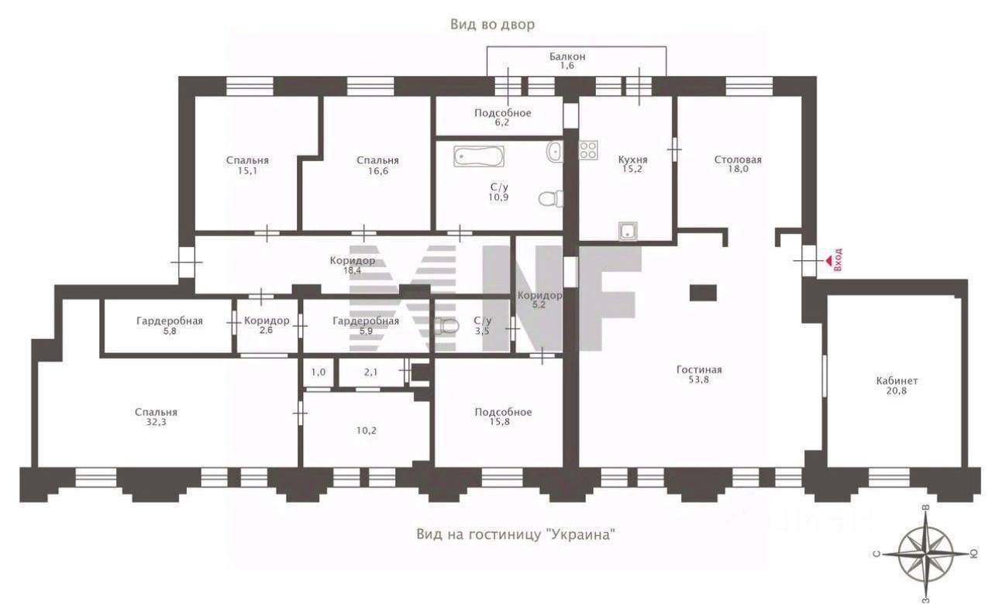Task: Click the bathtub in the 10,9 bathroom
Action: click(x=479, y=156)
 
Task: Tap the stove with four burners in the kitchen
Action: click(x=588, y=150)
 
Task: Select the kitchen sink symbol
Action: click(x=628, y=231)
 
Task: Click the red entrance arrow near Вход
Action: click(x=828, y=262)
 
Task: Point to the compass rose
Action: click(x=925, y=554)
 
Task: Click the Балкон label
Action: click(x=567, y=57)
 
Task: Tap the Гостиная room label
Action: click(x=699, y=369)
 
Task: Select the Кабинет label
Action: click(x=897, y=380)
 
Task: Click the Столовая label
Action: click(x=738, y=160)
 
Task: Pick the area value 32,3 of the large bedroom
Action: click(x=157, y=422)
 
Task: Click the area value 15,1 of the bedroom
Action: click(x=247, y=171)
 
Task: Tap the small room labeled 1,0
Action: click(x=319, y=372)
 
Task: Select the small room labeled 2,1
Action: click(x=371, y=372)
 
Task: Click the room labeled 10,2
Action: click(x=367, y=429)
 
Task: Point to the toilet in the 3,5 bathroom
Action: click(x=446, y=326)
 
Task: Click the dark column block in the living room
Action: click(x=703, y=293)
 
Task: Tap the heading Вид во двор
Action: click(x=492, y=24)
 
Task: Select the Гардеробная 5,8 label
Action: click(x=170, y=326)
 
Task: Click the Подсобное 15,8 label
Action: click(x=503, y=417)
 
